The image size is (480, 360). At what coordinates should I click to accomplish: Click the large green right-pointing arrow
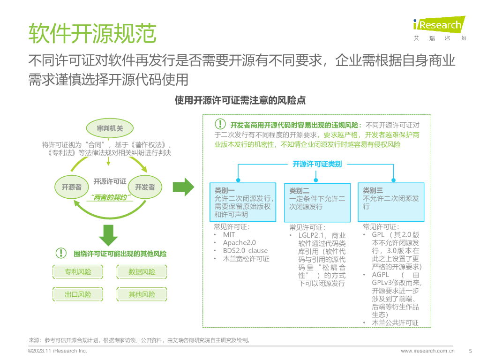[x=183, y=187]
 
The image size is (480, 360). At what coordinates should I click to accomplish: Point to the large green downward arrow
[x=108, y=235]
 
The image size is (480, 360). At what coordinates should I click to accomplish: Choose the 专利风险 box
[x=78, y=272]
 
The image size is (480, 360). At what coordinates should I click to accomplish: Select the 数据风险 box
[x=142, y=272]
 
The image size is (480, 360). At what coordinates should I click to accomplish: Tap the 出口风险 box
[x=78, y=294]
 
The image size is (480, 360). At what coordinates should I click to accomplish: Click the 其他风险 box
[x=142, y=294]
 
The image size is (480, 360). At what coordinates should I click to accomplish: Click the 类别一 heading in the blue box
[x=225, y=190]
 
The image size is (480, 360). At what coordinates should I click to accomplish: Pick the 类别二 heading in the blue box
[x=299, y=191]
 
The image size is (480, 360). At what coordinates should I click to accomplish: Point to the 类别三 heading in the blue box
[x=373, y=190]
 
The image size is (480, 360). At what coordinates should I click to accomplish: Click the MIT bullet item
[x=229, y=234]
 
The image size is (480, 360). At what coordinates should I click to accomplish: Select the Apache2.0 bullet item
[x=239, y=242]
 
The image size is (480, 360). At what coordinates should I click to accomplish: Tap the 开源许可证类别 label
[x=317, y=164]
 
